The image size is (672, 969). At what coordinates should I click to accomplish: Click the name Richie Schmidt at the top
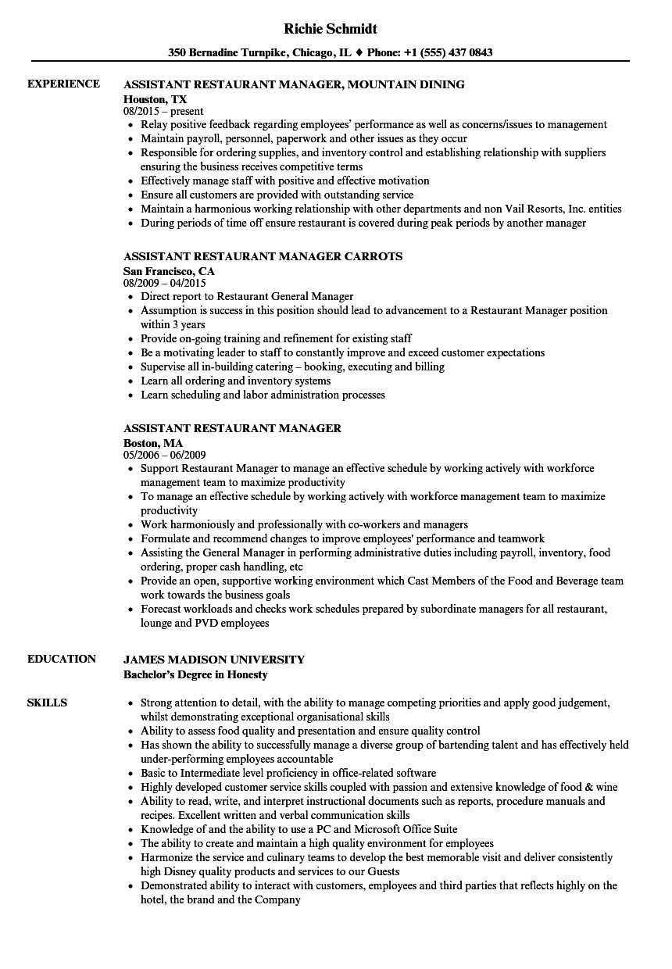[331, 29]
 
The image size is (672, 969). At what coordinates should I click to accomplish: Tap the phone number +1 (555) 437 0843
[449, 53]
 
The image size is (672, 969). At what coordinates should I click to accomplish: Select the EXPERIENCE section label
[63, 84]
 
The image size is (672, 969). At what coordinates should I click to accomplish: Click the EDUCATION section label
[62, 659]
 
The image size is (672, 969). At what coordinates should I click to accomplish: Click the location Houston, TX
[155, 99]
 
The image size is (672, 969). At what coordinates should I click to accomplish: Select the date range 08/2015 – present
[163, 112]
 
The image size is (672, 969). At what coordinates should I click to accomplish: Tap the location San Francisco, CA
[170, 271]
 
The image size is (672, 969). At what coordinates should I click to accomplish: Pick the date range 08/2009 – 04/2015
[165, 284]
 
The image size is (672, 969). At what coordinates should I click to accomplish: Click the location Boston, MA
[153, 443]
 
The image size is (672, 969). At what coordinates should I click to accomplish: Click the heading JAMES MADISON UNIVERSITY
[214, 659]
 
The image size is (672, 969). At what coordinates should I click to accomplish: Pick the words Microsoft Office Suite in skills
[406, 829]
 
